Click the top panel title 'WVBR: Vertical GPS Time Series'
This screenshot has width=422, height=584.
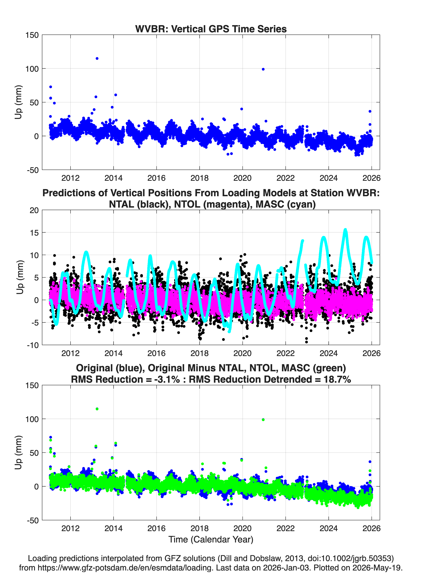(211, 29)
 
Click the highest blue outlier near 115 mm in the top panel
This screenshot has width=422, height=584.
(97, 58)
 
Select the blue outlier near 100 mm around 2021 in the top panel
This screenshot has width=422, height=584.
(263, 69)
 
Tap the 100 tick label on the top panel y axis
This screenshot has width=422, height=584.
(32, 69)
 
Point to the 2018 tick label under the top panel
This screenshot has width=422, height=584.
(199, 178)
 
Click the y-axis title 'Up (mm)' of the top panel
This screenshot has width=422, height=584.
(18, 102)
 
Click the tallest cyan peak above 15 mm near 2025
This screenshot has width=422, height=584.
(345, 230)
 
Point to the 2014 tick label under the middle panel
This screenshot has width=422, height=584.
(113, 353)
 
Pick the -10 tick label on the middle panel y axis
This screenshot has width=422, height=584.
(33, 345)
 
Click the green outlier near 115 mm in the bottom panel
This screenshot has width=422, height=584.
(97, 409)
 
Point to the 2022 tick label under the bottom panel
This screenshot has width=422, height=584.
(285, 528)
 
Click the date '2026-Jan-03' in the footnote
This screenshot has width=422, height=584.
(286, 568)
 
